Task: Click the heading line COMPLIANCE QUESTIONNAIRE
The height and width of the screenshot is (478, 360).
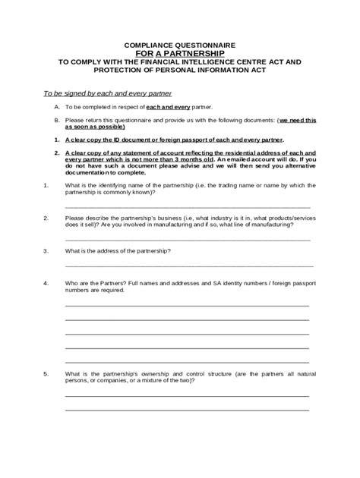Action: [x=179, y=45]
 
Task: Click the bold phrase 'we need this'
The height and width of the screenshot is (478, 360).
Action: [x=298, y=120]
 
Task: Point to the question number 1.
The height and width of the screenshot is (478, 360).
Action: [x=46, y=186]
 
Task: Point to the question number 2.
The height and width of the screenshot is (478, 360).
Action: [x=46, y=218]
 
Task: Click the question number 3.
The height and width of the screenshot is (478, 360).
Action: [x=46, y=250]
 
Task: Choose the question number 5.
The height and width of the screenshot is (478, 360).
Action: [x=46, y=374]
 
